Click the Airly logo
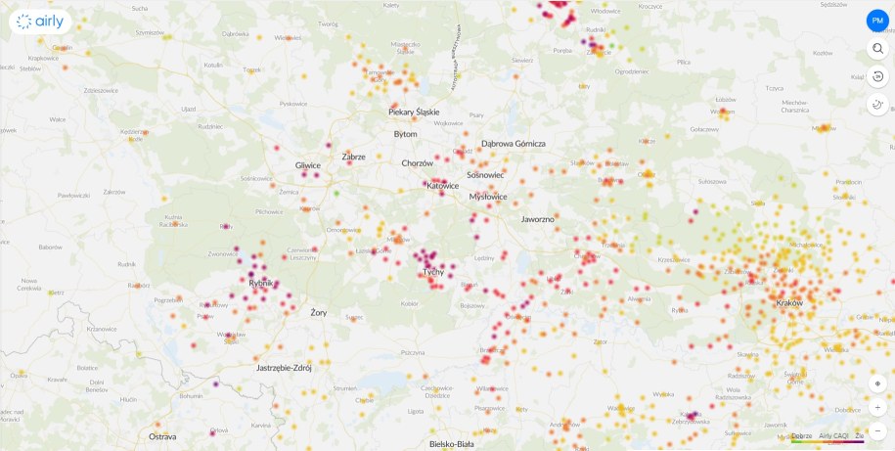[40, 21]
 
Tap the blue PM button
[877, 21]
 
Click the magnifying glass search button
[877, 49]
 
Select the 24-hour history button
[877, 77]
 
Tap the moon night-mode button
[877, 106]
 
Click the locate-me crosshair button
[877, 383]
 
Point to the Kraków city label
[788, 303]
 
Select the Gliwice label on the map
[307, 165]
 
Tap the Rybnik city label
[260, 283]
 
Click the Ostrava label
[162, 436]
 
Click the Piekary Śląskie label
[414, 113]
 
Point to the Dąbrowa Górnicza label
[514, 144]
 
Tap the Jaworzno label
[537, 219]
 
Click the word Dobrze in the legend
[802, 435]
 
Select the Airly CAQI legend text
[833, 435]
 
